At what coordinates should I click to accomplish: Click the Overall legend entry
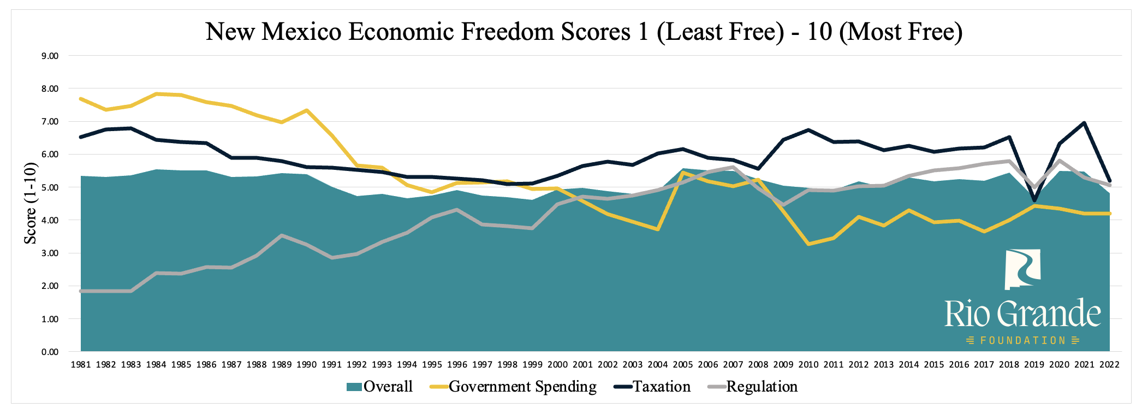[x=380, y=387]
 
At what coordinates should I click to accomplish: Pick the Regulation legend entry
[x=753, y=387]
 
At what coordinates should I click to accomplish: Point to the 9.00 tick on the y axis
[x=50, y=56]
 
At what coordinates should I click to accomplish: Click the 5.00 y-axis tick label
[x=50, y=187]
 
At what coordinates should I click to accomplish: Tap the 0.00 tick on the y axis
[x=50, y=352]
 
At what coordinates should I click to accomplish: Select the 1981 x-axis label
[x=81, y=365]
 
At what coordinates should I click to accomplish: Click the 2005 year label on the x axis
[x=683, y=365]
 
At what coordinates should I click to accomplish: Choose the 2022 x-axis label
[x=1109, y=365]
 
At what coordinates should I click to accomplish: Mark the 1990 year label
[x=306, y=365]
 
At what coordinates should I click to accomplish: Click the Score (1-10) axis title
[x=31, y=203]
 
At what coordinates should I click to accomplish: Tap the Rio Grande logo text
[x=1022, y=314]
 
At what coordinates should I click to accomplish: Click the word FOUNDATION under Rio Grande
[x=1022, y=340]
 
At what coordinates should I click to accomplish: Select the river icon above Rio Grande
[x=1022, y=269]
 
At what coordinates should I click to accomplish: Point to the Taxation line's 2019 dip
[x=1034, y=200]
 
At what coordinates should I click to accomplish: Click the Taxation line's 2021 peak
[x=1084, y=123]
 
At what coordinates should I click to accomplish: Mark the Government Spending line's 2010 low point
[x=808, y=244]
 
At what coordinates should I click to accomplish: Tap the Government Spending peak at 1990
[x=307, y=110]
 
